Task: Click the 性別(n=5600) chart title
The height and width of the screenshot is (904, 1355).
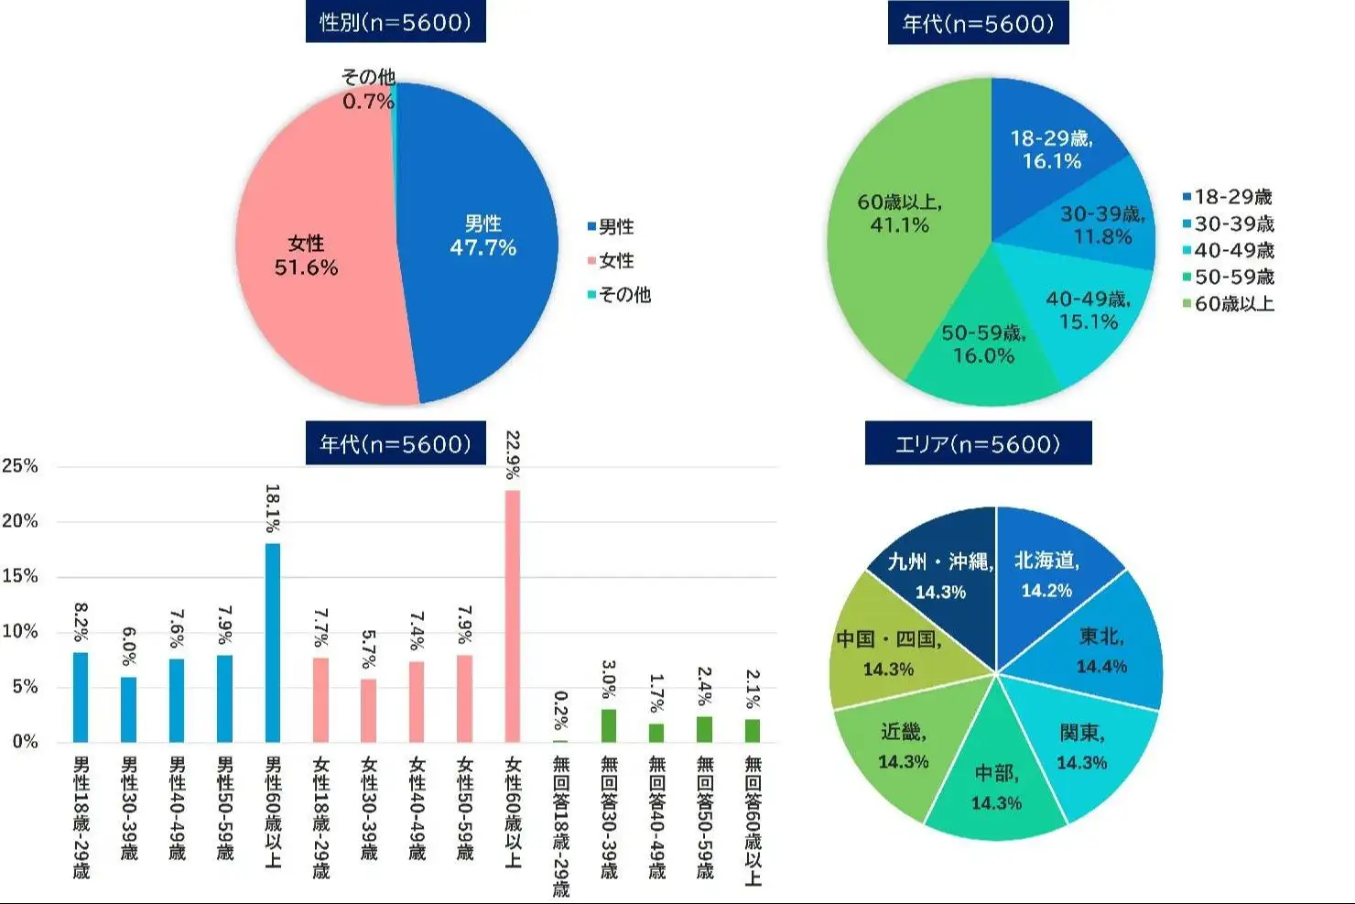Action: click(x=396, y=23)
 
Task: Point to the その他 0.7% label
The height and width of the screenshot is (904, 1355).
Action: click(x=368, y=90)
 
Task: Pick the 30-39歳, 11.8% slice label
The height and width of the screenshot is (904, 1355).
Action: click(x=1102, y=225)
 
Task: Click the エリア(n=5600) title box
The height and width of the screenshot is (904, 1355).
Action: click(x=978, y=444)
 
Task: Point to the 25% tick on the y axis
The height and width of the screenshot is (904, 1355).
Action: click(x=20, y=466)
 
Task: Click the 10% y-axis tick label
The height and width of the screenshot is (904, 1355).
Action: click(x=20, y=632)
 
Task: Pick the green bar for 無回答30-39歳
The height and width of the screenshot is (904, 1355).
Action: click(x=609, y=725)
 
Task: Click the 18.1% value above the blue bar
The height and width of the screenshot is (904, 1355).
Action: click(x=272, y=509)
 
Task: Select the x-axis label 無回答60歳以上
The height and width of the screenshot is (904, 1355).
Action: click(x=752, y=820)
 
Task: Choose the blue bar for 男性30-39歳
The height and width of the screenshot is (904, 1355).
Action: click(x=129, y=709)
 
